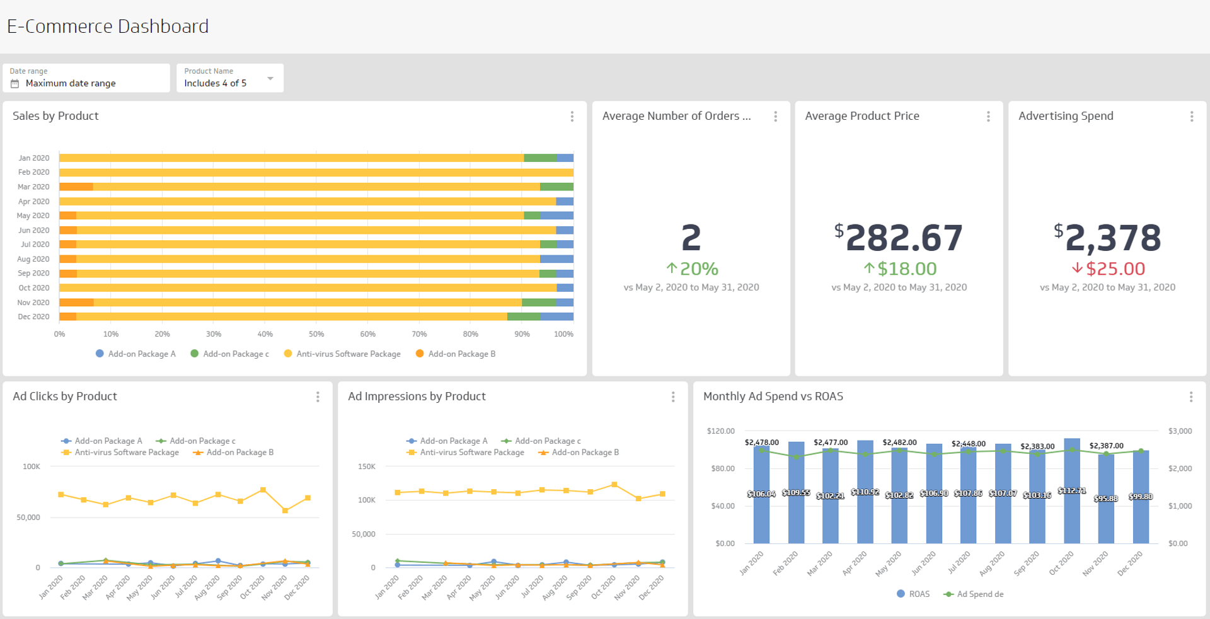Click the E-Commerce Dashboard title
[108, 26]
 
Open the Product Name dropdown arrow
[270, 79]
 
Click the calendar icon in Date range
[15, 84]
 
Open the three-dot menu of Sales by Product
[572, 117]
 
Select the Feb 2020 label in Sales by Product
[33, 172]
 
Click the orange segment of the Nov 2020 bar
[76, 303]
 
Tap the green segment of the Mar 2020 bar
[556, 187]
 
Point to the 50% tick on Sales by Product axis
[316, 334]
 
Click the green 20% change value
[692, 269]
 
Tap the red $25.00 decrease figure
[1109, 269]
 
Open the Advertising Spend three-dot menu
[1191, 117]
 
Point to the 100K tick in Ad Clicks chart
[31, 467]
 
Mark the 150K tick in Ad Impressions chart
[366, 467]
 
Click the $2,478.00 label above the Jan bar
[761, 443]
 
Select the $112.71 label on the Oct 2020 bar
[1071, 490]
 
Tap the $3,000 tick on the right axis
[1180, 431]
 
